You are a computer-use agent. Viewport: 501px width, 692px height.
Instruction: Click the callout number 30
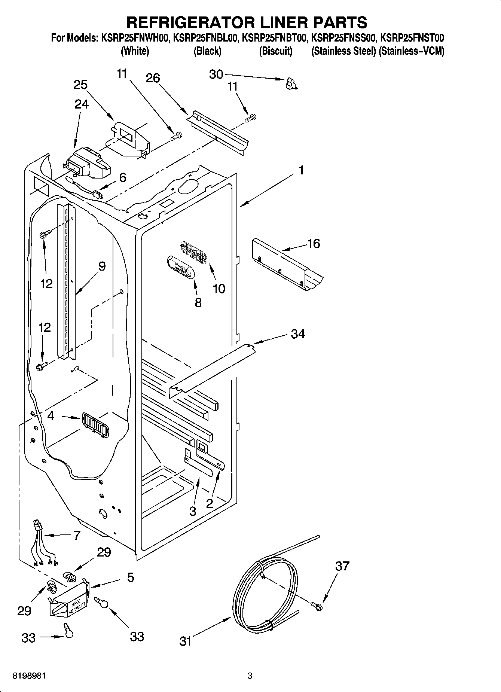tap(216, 74)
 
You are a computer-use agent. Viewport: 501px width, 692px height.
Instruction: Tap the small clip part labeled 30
tap(291, 84)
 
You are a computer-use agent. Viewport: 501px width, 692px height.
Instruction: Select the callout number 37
tap(342, 566)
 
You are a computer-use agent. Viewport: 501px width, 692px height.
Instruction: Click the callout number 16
tap(314, 244)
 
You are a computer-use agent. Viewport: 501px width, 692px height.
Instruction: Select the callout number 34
tap(298, 333)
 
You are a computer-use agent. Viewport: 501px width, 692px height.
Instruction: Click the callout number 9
tap(102, 266)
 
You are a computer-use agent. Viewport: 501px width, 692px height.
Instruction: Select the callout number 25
tap(80, 85)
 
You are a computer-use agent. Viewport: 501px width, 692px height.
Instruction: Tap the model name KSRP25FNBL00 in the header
tap(205, 38)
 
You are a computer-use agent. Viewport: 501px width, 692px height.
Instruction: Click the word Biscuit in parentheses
tap(276, 51)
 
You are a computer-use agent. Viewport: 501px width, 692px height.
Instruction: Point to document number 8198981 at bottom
tap(30, 676)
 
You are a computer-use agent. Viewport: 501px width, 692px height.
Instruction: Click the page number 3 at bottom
tap(250, 676)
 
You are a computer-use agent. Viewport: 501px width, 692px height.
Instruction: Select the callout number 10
tap(219, 289)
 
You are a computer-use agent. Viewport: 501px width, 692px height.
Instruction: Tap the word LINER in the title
tap(269, 22)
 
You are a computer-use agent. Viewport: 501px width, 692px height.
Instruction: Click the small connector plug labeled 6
tap(98, 195)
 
